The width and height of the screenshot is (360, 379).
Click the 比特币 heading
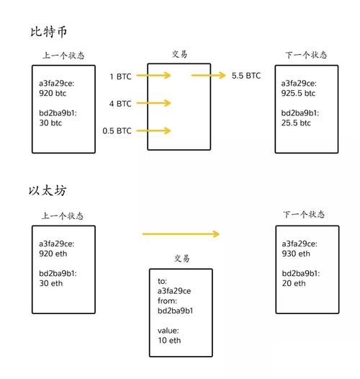[x=48, y=32]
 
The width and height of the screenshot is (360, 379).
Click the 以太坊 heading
[x=48, y=190]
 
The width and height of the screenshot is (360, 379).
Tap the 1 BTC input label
[x=120, y=76]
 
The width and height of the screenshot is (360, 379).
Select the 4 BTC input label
[x=120, y=104]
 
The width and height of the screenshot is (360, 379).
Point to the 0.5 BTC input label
[x=117, y=130]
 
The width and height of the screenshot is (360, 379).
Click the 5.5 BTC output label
[x=246, y=76]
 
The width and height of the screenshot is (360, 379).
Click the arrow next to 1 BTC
[x=153, y=76]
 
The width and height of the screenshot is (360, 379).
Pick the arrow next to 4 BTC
[x=153, y=103]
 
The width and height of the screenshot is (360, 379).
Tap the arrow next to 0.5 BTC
[x=153, y=130]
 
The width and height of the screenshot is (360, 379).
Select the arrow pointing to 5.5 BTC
[x=209, y=76]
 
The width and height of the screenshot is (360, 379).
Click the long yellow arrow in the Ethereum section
[x=181, y=234]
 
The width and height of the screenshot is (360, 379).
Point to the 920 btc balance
[x=53, y=93]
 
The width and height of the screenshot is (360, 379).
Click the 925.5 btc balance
[x=298, y=93]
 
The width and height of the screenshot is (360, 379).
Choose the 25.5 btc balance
[x=296, y=122]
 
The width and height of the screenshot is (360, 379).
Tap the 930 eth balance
[x=296, y=254]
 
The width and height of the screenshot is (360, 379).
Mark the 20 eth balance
[x=294, y=283]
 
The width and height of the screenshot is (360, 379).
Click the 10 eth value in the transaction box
[x=169, y=340]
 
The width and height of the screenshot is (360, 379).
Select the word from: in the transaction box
[x=167, y=300]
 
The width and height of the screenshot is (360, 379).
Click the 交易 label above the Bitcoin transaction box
[x=179, y=54]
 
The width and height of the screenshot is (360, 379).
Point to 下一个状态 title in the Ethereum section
[x=304, y=215]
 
